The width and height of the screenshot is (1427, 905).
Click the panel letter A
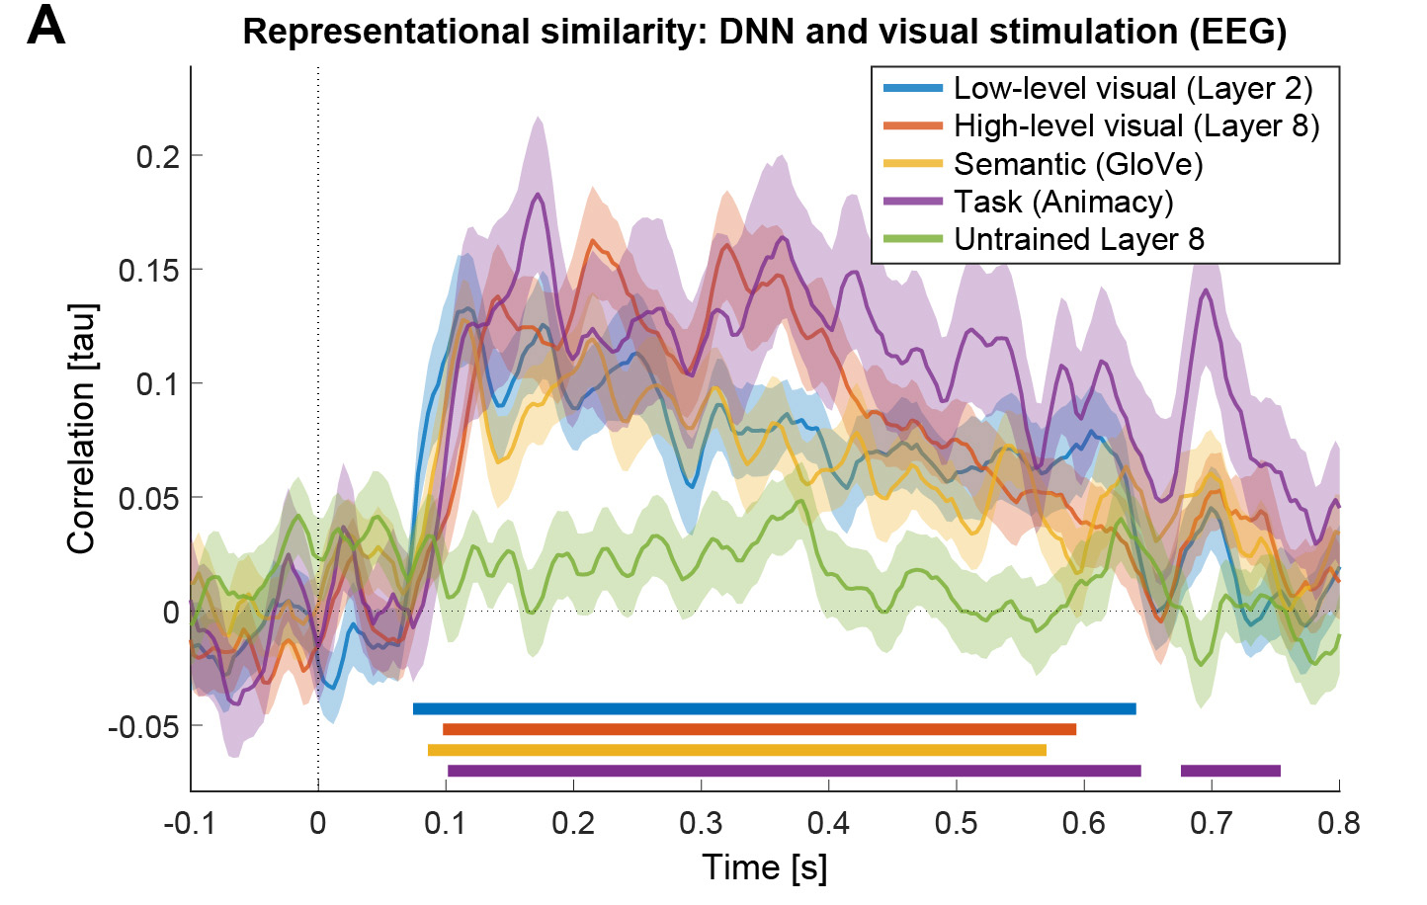pyautogui.click(x=45, y=26)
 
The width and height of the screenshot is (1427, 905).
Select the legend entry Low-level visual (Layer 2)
pyautogui.click(x=1133, y=89)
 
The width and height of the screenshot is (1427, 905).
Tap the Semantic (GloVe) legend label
pyautogui.click(x=1078, y=164)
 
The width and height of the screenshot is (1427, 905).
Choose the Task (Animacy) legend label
pyautogui.click(x=1063, y=202)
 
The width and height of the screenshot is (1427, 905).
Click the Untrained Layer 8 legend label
pyautogui.click(x=1079, y=239)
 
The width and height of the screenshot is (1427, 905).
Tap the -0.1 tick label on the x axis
pyautogui.click(x=189, y=823)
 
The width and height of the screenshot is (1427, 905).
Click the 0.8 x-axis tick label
pyautogui.click(x=1339, y=823)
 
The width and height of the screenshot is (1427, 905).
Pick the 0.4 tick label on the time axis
pyautogui.click(x=828, y=823)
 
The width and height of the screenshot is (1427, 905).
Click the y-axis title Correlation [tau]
pyautogui.click(x=81, y=428)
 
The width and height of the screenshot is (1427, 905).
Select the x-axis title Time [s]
pyautogui.click(x=764, y=867)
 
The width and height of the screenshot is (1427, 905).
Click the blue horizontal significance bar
pyautogui.click(x=774, y=708)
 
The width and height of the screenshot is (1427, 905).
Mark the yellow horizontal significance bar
pyautogui.click(x=736, y=750)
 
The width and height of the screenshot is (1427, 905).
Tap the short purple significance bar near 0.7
pyautogui.click(x=1230, y=771)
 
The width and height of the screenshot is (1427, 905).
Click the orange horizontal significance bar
pyautogui.click(x=759, y=729)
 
